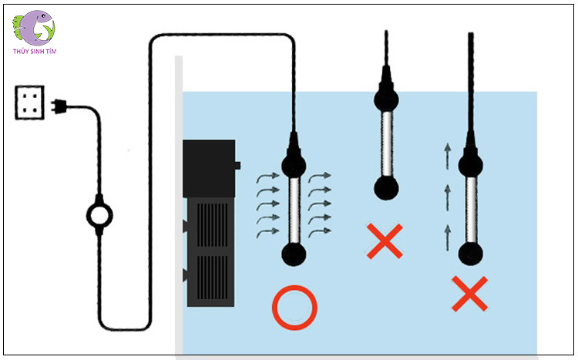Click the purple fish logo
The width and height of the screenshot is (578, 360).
(x=34, y=28)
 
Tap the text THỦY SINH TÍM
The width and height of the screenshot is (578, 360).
(x=35, y=52)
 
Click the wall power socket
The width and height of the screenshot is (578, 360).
(x=29, y=103)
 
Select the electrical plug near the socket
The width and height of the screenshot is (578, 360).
(x=59, y=106)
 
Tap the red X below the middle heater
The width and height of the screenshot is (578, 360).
(x=385, y=241)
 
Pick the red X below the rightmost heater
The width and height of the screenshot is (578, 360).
(x=469, y=294)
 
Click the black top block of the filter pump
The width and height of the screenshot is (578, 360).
(x=209, y=169)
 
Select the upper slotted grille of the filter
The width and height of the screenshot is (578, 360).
(x=213, y=224)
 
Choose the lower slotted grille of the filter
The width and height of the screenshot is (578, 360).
(x=213, y=278)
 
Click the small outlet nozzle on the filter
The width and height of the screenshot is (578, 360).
(x=238, y=166)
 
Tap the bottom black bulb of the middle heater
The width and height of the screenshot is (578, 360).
(x=386, y=188)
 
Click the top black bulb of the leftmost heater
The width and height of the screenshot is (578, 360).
(x=294, y=166)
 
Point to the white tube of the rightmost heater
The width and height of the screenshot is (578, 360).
(x=471, y=210)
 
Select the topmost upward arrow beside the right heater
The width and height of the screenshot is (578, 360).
(x=448, y=156)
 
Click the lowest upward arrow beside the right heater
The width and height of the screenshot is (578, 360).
(x=448, y=237)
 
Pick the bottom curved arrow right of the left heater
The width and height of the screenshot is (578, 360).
(x=320, y=232)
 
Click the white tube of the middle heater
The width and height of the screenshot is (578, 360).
(x=386, y=143)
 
